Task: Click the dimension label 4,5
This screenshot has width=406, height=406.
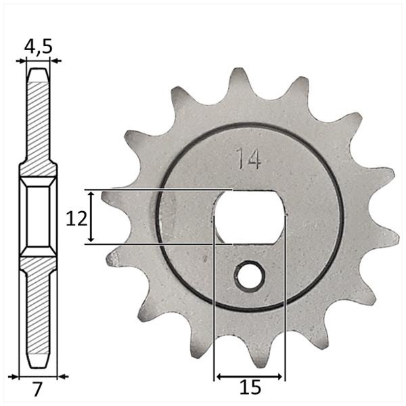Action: point(39,47)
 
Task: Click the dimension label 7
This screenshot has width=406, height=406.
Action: point(37,390)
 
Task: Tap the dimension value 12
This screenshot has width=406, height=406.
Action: point(76,218)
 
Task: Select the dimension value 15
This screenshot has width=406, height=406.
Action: point(250,388)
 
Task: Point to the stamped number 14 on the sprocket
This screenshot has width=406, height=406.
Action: point(248,158)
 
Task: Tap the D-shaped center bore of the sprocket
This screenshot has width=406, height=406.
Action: point(250,217)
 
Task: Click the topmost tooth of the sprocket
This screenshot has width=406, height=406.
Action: point(238,83)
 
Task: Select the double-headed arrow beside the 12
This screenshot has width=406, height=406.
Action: point(91,217)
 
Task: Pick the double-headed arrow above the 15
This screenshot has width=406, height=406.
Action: point(249,376)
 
